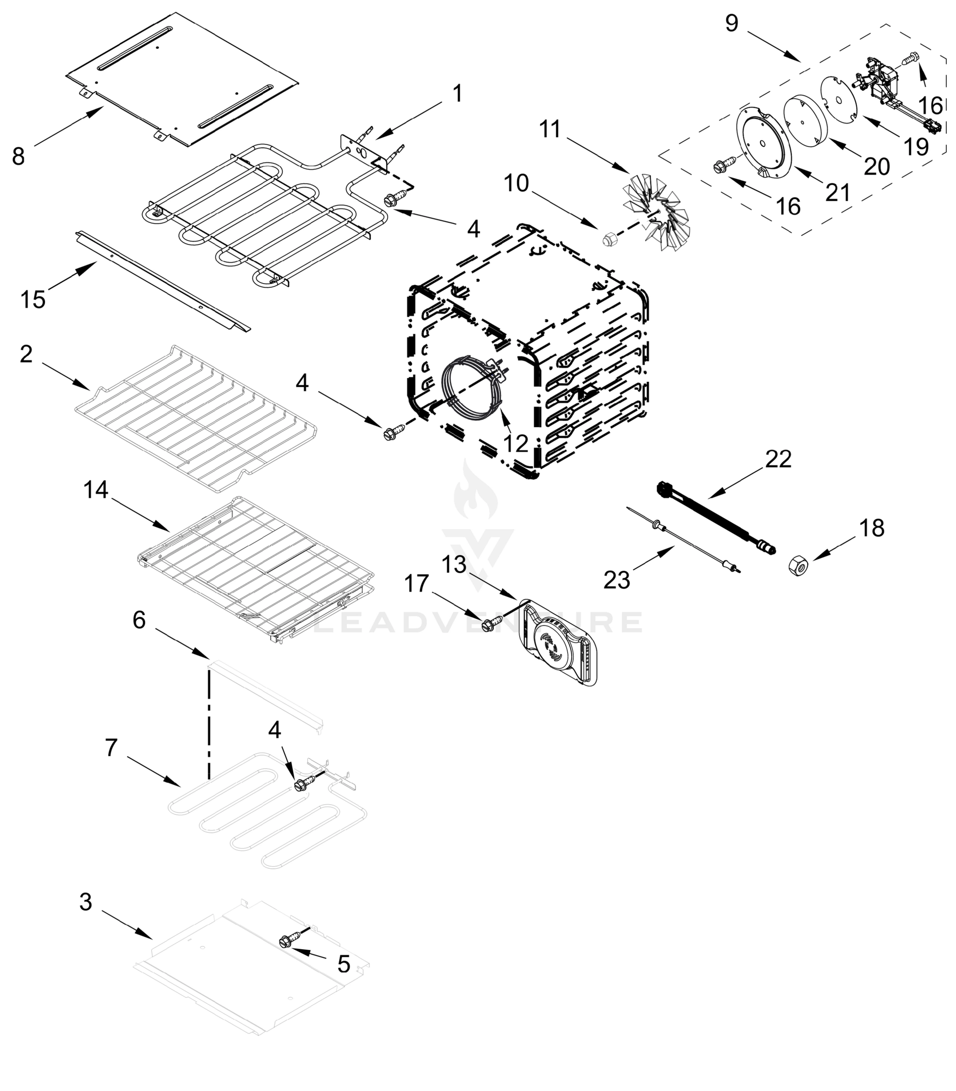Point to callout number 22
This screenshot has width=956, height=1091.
(778, 459)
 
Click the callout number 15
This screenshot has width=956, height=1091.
(33, 300)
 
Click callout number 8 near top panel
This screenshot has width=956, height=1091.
(18, 156)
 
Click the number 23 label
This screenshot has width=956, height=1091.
(617, 580)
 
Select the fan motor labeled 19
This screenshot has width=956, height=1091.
(880, 88)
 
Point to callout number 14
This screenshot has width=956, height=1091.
(95, 490)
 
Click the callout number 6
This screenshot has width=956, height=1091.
(139, 620)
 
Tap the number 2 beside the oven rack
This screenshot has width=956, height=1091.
(26, 354)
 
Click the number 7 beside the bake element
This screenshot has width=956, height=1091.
(110, 748)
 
